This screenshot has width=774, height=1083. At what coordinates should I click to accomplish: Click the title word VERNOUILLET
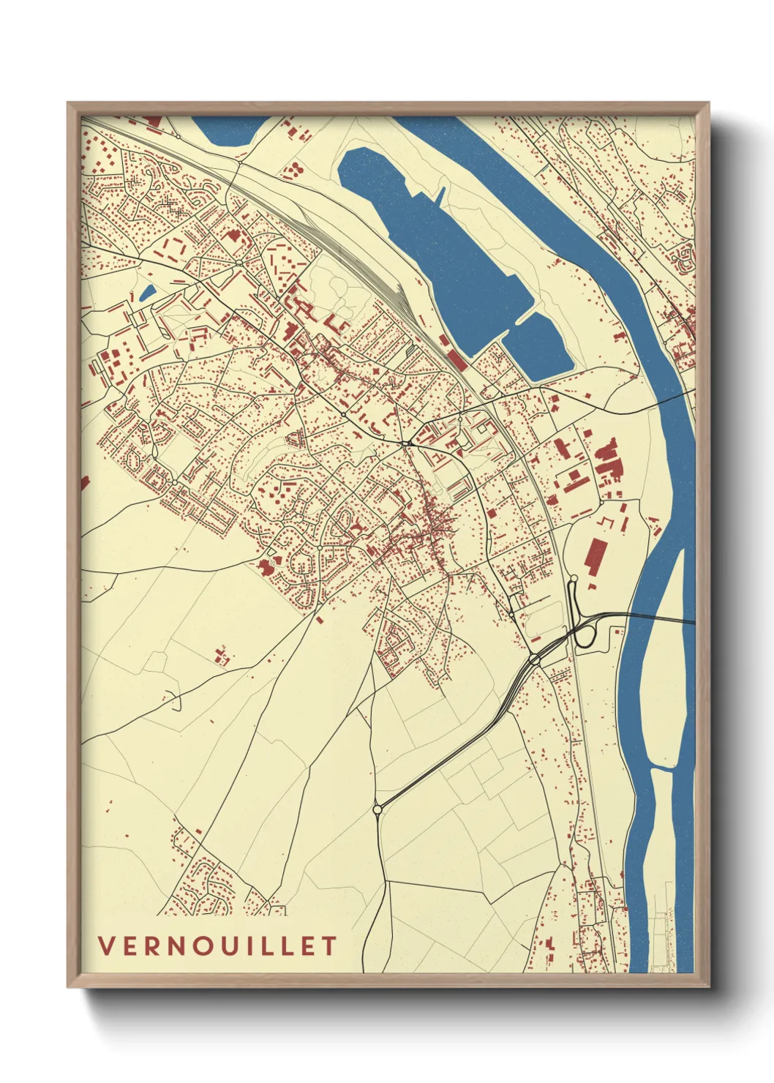(217, 945)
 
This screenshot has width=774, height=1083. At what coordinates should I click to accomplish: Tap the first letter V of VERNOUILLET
(106, 945)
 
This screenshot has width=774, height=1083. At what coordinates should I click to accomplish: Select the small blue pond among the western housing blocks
(147, 293)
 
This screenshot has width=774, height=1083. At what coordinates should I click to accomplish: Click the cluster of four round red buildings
(293, 170)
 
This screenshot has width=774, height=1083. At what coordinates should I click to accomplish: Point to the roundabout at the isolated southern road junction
(377, 809)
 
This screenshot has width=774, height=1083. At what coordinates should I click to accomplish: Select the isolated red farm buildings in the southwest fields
(222, 655)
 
